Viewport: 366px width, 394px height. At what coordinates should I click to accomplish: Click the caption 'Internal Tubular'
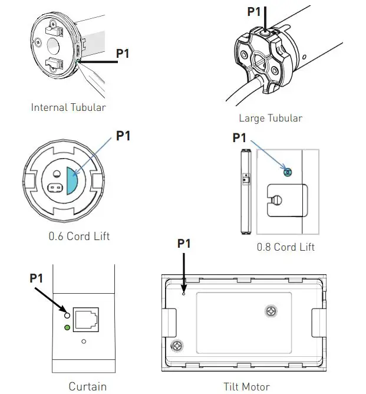68,107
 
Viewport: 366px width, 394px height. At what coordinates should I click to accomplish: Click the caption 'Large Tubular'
271,118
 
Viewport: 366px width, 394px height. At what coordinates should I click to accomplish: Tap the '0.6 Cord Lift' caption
79,237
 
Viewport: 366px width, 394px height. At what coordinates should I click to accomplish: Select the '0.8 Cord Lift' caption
285,247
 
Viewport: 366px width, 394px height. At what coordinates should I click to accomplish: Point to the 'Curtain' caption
88,387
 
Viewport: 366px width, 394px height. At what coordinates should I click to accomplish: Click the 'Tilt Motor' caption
246,387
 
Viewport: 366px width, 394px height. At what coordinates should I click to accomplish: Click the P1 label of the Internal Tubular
123,54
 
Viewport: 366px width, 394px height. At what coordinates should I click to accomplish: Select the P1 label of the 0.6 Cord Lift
123,136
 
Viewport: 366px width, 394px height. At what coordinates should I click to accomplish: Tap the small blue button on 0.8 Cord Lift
287,172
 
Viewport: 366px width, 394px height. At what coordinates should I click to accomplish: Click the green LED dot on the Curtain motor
68,327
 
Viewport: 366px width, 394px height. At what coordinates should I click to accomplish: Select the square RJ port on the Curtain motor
85,319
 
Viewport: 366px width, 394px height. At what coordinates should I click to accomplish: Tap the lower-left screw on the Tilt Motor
174,346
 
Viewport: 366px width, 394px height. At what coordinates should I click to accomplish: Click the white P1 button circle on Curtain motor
68,314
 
